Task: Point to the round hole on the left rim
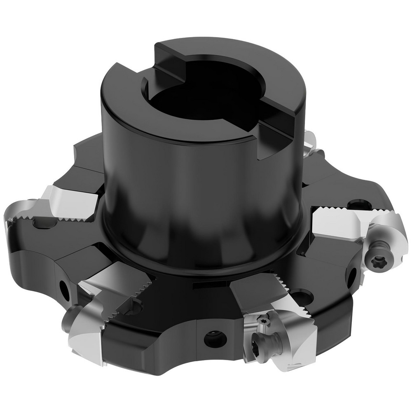[x=65, y=289]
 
